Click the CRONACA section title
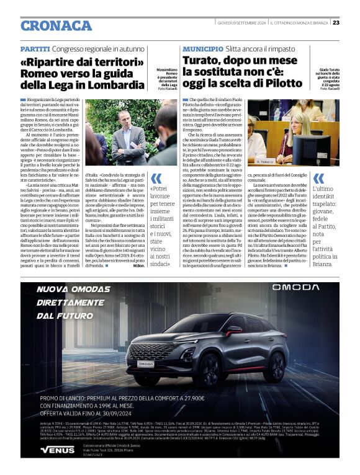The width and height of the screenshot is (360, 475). pyautogui.click(x=56, y=25)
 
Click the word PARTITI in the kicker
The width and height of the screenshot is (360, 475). pyautogui.click(x=35, y=48)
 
